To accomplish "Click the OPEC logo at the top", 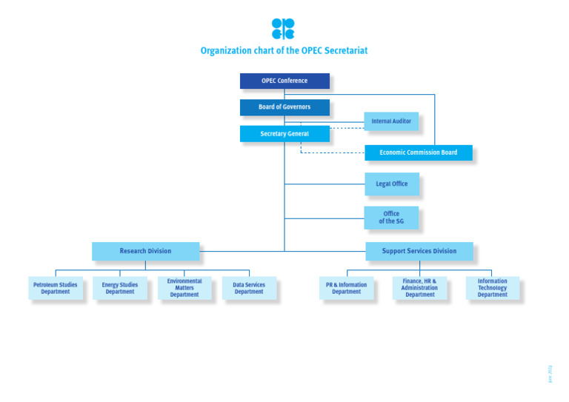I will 283,29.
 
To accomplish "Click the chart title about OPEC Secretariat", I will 284,51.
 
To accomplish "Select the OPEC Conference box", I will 284,81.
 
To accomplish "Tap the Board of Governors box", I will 284,107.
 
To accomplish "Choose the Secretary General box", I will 284,134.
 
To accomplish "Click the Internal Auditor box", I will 391,121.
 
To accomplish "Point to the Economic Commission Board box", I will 418,153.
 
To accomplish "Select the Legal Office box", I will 391,184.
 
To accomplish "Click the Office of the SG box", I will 391,218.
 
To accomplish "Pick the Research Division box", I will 145,251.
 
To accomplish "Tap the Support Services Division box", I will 419,251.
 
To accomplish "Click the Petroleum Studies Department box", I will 56,288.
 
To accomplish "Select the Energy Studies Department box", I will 120,288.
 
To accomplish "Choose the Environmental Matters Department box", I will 184,288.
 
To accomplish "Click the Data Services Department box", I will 249,288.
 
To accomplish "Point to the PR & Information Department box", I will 346,288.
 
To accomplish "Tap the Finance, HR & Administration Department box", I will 419,288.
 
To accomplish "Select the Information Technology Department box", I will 492,288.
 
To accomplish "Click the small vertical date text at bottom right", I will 550,373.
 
